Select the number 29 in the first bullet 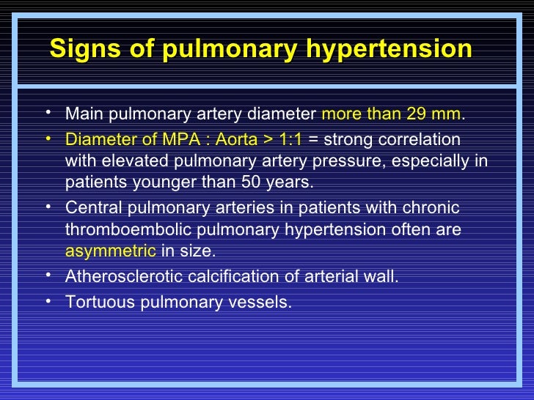coord(423,114)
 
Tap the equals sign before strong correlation coord(313,139)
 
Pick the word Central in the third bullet coord(91,208)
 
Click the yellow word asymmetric coord(110,251)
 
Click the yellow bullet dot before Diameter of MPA coord(48,138)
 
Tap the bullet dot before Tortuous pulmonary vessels coord(48,300)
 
